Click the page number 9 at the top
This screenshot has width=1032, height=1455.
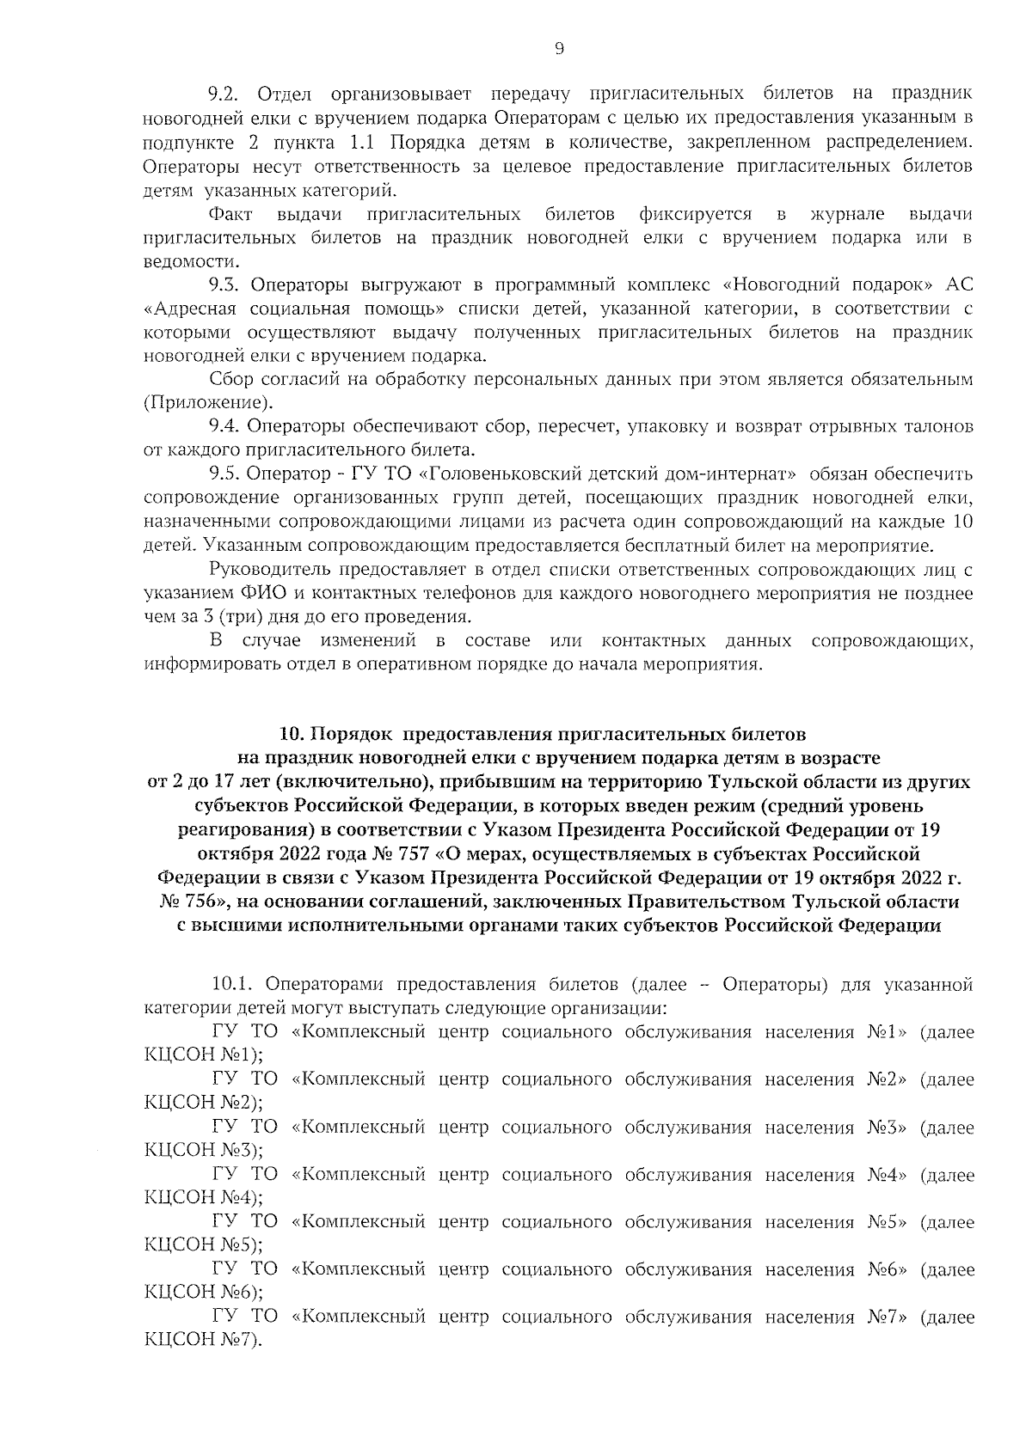[558, 50]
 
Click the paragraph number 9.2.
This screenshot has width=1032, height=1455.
[228, 93]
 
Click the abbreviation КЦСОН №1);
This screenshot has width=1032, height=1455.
[204, 1055]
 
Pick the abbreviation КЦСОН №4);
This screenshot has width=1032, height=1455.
[204, 1197]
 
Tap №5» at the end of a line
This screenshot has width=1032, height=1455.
[886, 1221]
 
